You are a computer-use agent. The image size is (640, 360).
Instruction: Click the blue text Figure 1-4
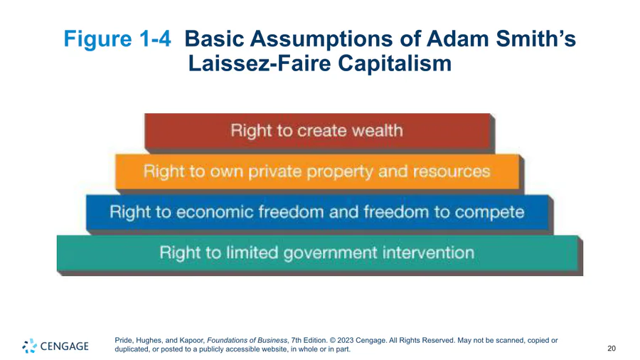[117, 39]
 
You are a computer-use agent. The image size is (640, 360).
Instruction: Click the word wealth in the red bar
[377, 131]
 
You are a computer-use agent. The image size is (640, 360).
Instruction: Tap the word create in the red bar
[321, 131]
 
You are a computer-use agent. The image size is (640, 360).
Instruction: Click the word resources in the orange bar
[451, 172]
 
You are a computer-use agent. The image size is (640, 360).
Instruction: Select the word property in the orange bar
[340, 172]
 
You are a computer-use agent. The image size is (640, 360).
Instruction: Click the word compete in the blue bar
[489, 213]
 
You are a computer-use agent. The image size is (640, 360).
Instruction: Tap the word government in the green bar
[330, 253]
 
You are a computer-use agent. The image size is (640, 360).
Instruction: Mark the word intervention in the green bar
[428, 253]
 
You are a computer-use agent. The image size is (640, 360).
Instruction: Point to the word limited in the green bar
[252, 253]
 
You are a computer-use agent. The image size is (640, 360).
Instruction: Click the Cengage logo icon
[29, 346]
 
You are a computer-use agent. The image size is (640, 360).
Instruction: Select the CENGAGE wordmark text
[65, 346]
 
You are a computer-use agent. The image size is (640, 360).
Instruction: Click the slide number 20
[612, 348]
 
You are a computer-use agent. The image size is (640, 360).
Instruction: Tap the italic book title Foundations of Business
[247, 340]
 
